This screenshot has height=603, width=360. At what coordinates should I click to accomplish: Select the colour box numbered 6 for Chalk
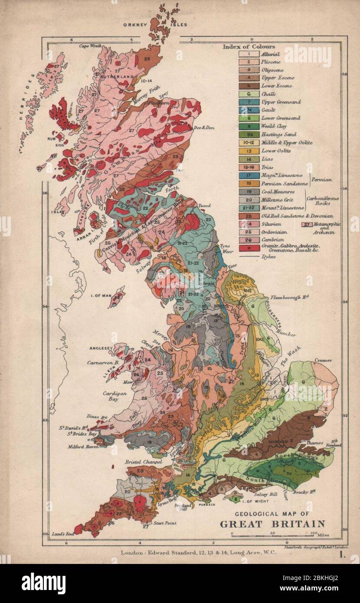249,94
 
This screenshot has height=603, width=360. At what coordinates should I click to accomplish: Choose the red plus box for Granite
249,249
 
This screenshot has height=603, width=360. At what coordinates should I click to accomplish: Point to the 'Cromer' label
324,360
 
